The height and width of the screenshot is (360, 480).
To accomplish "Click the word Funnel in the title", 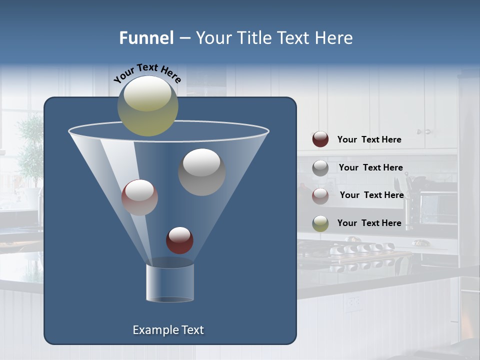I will (x=146, y=38).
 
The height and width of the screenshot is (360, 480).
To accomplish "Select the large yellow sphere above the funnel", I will (x=147, y=106).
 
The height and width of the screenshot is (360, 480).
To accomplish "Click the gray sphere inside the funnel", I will (x=201, y=172).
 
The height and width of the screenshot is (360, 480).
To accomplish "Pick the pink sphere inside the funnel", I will (x=139, y=197).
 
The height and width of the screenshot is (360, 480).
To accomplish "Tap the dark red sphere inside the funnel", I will (x=179, y=240).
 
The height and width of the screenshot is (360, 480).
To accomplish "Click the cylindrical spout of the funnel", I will (x=170, y=283).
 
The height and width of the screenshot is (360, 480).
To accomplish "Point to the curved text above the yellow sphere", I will (x=147, y=72).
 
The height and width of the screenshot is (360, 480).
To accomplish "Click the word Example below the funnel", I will (x=151, y=330).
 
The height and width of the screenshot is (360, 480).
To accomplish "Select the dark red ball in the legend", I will (x=320, y=139).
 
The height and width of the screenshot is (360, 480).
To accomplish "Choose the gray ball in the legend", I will (x=320, y=167).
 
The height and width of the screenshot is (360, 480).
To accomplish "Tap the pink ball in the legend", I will (x=320, y=195).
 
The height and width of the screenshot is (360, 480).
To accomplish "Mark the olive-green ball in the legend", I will (x=320, y=223).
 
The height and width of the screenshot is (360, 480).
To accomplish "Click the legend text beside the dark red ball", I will (x=369, y=139).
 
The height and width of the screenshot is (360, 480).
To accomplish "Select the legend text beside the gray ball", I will (x=370, y=167).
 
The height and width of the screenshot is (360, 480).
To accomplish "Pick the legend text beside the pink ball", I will (x=371, y=195).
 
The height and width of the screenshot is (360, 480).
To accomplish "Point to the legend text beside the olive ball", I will (x=369, y=223).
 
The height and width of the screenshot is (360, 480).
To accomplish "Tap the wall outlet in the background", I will (x=354, y=301).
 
